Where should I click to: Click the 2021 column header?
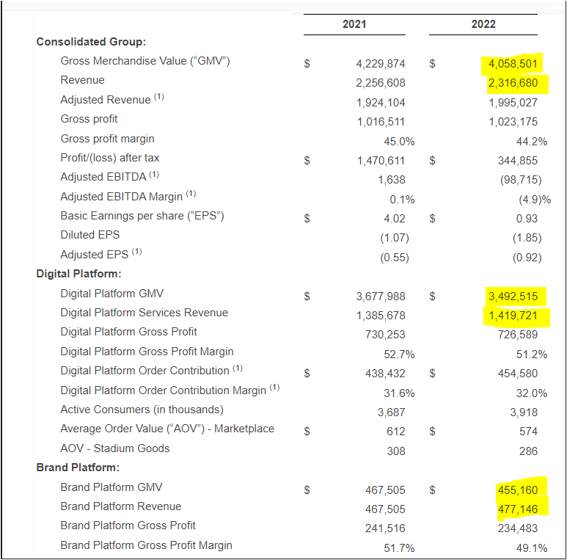tap(354, 24)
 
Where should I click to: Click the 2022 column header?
tap(483, 24)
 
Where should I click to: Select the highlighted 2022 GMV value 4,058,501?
tap(513, 64)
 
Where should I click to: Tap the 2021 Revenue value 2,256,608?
tap(381, 83)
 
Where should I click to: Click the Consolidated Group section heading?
tap(91, 41)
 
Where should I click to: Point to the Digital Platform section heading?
tap(78, 274)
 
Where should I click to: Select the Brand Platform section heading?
tap(78, 468)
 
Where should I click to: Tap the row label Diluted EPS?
tap(89, 235)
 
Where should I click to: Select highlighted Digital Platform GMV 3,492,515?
tap(513, 297)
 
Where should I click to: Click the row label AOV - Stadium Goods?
tap(114, 448)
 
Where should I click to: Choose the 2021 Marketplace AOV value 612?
tap(395, 432)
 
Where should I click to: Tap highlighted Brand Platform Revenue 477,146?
tap(517, 509)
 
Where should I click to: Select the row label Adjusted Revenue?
tap(105, 99)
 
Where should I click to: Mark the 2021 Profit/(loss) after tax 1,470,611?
tap(381, 161)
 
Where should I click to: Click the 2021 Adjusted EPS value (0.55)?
tap(395, 258)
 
